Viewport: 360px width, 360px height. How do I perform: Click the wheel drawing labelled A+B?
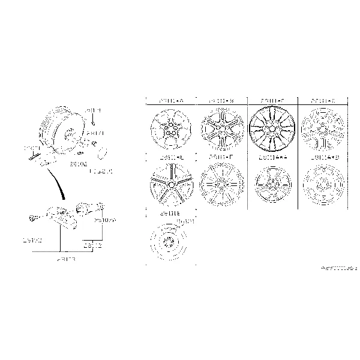[x=323, y=182]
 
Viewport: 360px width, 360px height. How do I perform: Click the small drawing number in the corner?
[x=336, y=265]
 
